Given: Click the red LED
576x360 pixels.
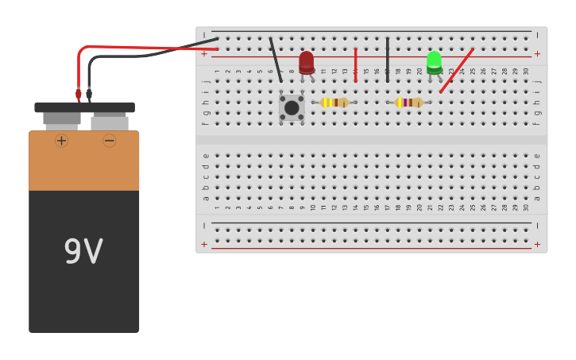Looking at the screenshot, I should [x=307, y=62].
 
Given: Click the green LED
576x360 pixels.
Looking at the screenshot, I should [x=434, y=62].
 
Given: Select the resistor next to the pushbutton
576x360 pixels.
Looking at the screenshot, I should [x=334, y=103].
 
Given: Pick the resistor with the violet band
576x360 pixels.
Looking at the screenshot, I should [x=409, y=103].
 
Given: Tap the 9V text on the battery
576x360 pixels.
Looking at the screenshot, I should [x=83, y=252].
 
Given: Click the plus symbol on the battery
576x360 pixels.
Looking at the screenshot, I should [x=61, y=141].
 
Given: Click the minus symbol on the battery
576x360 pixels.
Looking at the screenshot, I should [x=110, y=141].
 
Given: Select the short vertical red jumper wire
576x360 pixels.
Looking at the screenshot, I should [x=355, y=64].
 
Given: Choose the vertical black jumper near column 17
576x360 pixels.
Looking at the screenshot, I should [x=388, y=60].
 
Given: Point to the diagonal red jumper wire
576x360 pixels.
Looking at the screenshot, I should [x=457, y=70].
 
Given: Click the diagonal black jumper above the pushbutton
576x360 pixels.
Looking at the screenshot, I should [x=275, y=60].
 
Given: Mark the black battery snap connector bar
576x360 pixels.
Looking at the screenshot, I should [x=84, y=107].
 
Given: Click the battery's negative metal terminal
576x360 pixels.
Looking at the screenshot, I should [x=110, y=123].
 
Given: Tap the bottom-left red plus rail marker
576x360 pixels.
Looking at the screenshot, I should [x=204, y=245].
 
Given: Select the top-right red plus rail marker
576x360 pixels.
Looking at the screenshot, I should [x=537, y=54].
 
